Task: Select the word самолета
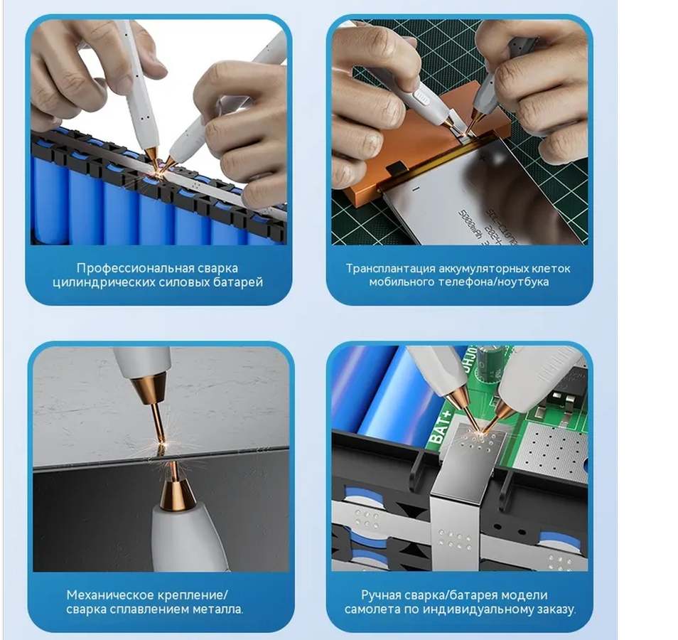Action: pyautogui.click(x=372, y=609)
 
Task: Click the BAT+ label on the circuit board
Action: pyautogui.click(x=441, y=428)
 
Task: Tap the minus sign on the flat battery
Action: pyautogui.click(x=416, y=188)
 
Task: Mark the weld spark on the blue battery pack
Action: pyautogui.click(x=159, y=171)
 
